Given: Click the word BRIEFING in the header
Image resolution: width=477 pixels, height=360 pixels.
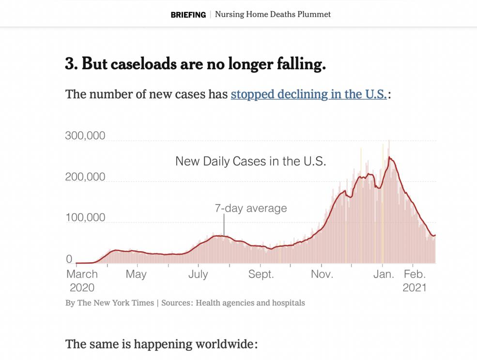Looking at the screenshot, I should [188, 15].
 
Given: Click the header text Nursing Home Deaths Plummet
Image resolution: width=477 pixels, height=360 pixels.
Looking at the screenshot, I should [273, 15].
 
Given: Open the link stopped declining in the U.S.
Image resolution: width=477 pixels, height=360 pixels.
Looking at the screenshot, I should [308, 94].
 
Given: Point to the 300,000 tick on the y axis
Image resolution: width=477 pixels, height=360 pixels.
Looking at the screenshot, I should [85, 135].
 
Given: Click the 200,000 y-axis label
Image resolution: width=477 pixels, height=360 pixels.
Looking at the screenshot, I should [85, 177].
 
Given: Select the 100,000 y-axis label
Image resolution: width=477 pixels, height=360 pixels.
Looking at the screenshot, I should [85, 218].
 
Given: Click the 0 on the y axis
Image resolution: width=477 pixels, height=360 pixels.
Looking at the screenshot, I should [69, 259].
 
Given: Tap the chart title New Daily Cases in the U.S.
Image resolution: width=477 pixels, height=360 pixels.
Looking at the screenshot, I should [250, 161].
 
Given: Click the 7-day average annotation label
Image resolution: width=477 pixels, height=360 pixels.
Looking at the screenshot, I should [250, 209].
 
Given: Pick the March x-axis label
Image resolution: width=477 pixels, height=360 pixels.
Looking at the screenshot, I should [82, 274].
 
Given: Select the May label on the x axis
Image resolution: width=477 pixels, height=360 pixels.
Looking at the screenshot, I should [136, 274].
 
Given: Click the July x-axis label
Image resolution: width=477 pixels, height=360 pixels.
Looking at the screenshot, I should [198, 274].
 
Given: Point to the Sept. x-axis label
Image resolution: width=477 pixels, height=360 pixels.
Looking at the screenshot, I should [261, 274].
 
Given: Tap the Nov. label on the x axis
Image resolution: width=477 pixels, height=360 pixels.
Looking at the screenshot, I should [322, 274].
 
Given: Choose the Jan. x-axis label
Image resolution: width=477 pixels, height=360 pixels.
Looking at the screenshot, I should [384, 274].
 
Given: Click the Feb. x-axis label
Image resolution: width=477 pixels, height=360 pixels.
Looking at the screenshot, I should [414, 274].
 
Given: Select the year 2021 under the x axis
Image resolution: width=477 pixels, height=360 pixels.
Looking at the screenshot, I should [415, 287].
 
